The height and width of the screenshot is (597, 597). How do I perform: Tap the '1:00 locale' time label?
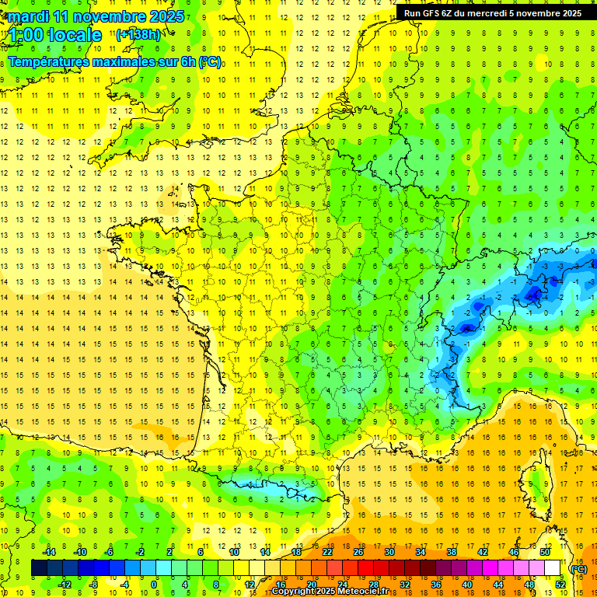55,35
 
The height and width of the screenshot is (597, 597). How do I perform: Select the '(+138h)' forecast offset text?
138,34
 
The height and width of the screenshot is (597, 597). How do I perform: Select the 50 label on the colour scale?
545,552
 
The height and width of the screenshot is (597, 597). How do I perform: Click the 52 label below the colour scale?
560,585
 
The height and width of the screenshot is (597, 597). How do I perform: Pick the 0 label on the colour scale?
154,585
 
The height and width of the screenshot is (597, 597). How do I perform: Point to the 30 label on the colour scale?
389,552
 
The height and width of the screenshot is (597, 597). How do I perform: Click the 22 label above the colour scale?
327,552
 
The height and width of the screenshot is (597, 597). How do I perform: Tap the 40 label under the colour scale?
467,585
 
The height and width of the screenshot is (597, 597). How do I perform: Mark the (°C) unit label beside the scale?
578,569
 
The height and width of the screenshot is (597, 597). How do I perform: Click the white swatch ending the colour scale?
553,568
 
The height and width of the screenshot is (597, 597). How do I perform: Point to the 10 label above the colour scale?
234,552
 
